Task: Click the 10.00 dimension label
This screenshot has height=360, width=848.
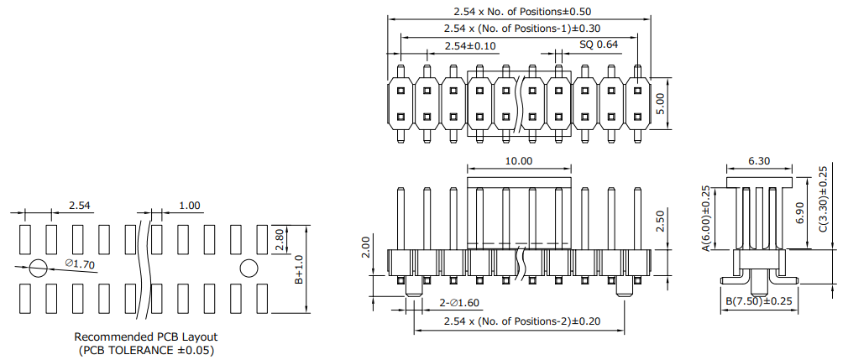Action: click(519, 160)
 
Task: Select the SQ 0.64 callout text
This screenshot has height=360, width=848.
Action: click(599, 44)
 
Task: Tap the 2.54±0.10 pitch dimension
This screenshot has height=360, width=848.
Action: click(470, 45)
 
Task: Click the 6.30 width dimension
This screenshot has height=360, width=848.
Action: click(759, 160)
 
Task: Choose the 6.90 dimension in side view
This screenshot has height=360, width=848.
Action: click(802, 213)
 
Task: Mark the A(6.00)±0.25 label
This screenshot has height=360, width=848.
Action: click(705, 218)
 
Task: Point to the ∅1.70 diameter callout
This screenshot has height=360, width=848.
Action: click(80, 263)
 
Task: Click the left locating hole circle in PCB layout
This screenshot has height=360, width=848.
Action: click(39, 268)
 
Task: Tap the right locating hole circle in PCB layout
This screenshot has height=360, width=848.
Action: click(249, 268)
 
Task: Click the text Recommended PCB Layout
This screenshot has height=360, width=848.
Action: click(145, 337)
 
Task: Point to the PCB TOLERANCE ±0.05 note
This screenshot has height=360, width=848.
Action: click(146, 350)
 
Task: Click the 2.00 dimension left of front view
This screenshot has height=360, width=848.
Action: click(365, 247)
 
